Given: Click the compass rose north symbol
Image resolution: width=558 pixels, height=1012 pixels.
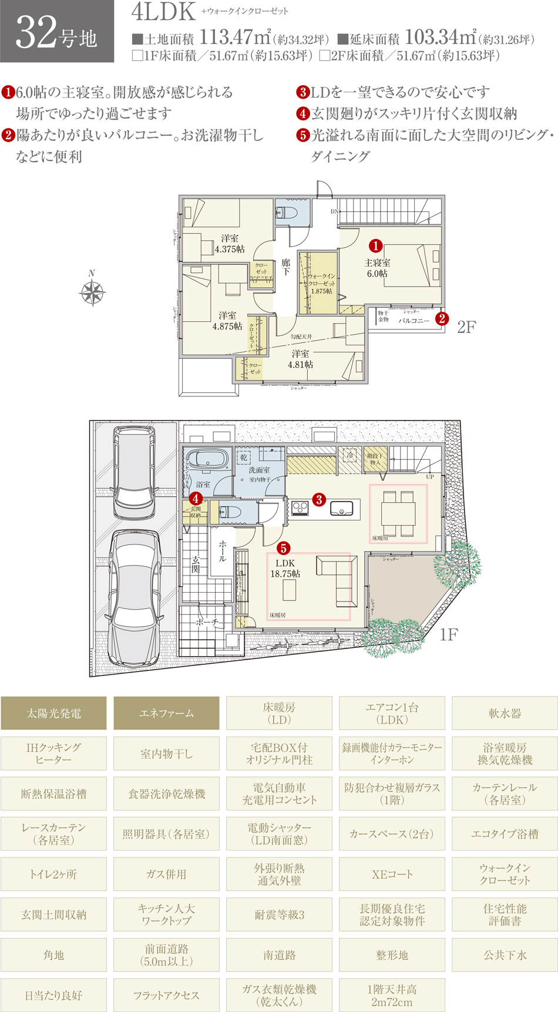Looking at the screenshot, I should [x=92, y=291].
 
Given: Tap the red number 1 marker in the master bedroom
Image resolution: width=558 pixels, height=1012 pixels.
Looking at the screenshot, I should [x=375, y=246].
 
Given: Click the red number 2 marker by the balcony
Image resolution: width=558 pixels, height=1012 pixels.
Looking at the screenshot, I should [x=442, y=319].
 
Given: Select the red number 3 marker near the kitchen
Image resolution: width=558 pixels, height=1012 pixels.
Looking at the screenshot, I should [x=319, y=500].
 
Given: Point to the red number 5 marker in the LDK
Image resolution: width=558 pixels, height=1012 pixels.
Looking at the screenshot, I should [x=284, y=548].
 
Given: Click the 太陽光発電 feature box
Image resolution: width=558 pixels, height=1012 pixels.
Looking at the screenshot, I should [x=53, y=713].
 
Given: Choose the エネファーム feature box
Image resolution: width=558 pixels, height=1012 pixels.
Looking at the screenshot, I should [x=166, y=713].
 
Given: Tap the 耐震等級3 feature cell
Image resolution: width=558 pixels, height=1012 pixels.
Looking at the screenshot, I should [x=279, y=915].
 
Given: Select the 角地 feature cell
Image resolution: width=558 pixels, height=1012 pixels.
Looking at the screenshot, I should [x=53, y=955].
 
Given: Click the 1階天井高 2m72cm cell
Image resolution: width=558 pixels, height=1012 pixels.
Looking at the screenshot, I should [x=392, y=995].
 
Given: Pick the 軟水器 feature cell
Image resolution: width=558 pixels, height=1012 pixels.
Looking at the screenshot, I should [x=505, y=713].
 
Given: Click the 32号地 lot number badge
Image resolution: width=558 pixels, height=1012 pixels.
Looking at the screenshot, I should [x=57, y=32].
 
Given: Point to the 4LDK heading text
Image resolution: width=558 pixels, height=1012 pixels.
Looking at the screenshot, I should [x=163, y=12].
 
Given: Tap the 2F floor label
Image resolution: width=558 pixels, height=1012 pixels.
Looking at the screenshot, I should [x=466, y=327].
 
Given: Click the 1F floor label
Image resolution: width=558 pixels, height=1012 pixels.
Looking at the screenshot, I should [x=449, y=634].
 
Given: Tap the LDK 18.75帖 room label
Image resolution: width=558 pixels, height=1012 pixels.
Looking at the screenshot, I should [x=285, y=569].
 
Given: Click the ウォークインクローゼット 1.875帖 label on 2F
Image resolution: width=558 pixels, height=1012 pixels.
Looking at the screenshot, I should [x=321, y=283].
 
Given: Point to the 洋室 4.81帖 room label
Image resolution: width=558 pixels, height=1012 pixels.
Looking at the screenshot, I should [x=300, y=359].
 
